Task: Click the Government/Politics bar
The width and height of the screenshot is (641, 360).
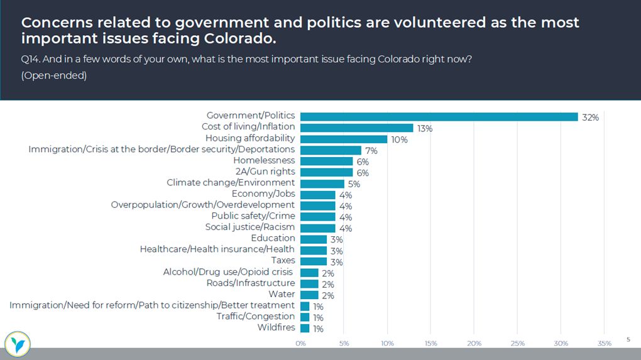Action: coord(439,117)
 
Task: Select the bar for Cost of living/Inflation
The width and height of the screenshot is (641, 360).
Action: coord(356,128)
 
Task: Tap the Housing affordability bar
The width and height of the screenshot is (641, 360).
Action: coord(344,139)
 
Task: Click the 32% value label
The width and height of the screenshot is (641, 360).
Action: coord(590,117)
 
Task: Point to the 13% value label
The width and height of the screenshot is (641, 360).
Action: coord(425,129)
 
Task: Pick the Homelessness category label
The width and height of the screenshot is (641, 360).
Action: coord(264,161)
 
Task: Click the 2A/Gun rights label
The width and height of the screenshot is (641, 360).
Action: coord(265,172)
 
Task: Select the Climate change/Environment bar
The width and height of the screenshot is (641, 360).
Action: coord(322,183)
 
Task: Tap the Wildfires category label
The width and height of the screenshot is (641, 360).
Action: coord(276,327)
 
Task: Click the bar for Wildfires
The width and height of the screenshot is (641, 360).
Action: coord(305,328)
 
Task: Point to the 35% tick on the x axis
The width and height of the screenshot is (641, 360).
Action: coord(604,343)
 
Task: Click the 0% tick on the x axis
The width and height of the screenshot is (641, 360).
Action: coord(300,343)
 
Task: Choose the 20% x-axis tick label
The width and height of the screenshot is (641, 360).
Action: coord(474,343)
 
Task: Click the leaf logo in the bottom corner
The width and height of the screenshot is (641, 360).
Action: coord(17,343)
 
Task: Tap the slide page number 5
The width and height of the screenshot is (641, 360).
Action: coord(627,339)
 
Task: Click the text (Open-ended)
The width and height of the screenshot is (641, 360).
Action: coord(53,76)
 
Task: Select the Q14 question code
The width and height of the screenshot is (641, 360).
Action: coord(29,60)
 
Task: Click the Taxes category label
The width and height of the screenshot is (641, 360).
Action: coord(283,260)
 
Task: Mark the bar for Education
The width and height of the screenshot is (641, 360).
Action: coord(313,239)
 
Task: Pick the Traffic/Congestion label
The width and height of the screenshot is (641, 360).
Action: coord(255,316)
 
